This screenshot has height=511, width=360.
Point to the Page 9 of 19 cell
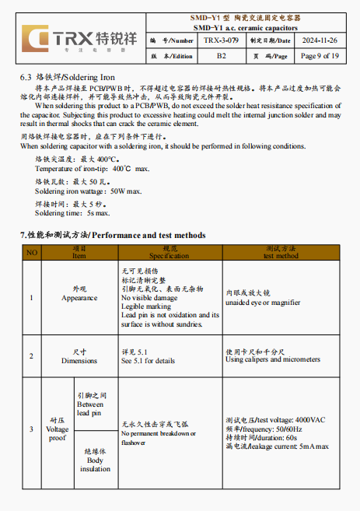coord(319,56)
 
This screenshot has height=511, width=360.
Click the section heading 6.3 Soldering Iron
coord(67,77)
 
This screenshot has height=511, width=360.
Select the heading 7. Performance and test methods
coord(113,234)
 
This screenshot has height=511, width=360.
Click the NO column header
coord(31,252)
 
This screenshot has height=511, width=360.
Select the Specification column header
coord(169,252)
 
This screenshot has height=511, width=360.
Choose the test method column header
coord(280,252)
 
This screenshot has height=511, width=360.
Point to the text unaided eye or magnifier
coord(263,303)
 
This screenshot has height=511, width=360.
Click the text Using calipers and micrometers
coord(272,360)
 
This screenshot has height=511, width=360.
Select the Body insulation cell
coord(95,460)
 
